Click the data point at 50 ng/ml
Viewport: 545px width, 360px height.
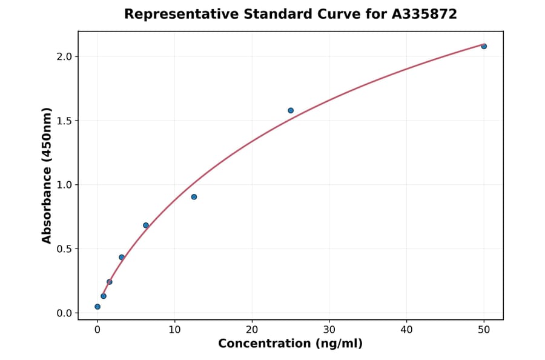coord(484,46)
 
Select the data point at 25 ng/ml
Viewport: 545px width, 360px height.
coord(291,110)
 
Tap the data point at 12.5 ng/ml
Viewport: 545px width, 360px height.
coord(194,197)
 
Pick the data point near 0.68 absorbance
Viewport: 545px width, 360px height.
coord(146,225)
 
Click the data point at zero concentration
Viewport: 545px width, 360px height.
coord(97,307)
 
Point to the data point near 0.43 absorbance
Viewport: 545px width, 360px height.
coord(122,258)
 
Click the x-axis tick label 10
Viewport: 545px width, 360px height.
coord(174,330)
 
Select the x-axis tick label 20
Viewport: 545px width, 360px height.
coord(252,330)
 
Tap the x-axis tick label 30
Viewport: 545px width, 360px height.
coord(329,330)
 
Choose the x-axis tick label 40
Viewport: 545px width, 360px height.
coord(406,330)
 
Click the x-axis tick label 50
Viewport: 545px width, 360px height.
coord(484,330)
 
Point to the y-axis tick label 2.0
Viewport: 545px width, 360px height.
coord(64,57)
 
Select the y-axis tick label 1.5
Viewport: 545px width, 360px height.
coord(64,121)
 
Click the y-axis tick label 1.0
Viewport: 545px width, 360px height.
coord(64,185)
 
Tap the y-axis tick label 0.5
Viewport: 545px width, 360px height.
coord(64,249)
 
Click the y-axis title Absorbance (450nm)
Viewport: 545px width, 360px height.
coord(47,176)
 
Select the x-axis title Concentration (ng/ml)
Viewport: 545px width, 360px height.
coord(290,344)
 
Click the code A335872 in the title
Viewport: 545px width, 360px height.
coord(424,14)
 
